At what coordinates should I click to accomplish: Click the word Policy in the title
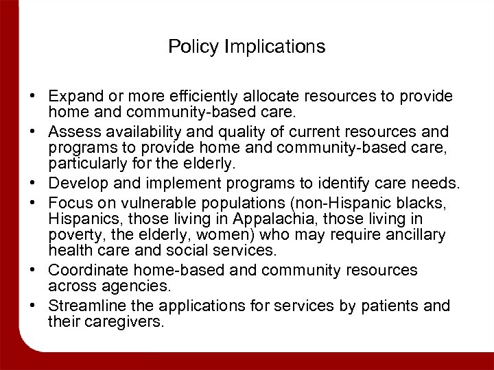pos(189,47)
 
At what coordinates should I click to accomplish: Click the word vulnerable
pos(148,203)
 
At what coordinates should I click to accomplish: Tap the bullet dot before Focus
pos(32,203)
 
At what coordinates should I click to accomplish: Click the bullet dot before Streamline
pos(32,306)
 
